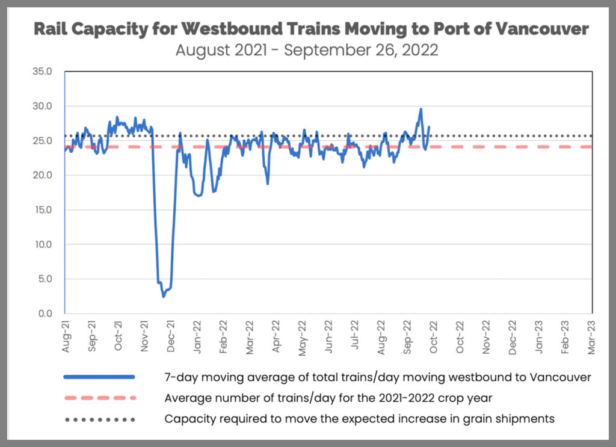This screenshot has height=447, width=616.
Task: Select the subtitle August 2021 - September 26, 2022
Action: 307,49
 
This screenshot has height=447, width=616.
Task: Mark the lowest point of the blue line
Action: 163,297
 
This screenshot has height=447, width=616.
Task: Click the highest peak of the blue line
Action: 420,109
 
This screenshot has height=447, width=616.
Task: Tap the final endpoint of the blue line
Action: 429,127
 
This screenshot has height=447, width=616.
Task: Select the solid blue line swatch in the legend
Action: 99,377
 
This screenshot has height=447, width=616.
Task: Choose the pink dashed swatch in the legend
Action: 99,398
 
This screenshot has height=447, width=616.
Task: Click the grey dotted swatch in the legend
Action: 99,419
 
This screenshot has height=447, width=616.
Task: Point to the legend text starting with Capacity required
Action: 359,419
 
